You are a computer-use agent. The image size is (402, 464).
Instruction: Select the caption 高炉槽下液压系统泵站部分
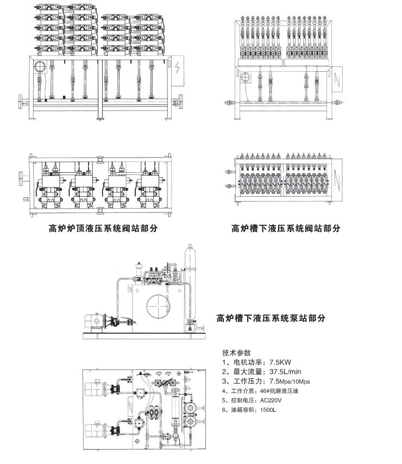coord(271,318)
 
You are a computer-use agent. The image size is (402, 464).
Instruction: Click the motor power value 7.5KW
coord(281,362)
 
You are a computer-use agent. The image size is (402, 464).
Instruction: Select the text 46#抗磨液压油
coord(279,391)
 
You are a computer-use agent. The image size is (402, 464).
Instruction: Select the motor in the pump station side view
coord(96,322)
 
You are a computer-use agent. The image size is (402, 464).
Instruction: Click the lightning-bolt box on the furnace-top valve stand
coord(177,72)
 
